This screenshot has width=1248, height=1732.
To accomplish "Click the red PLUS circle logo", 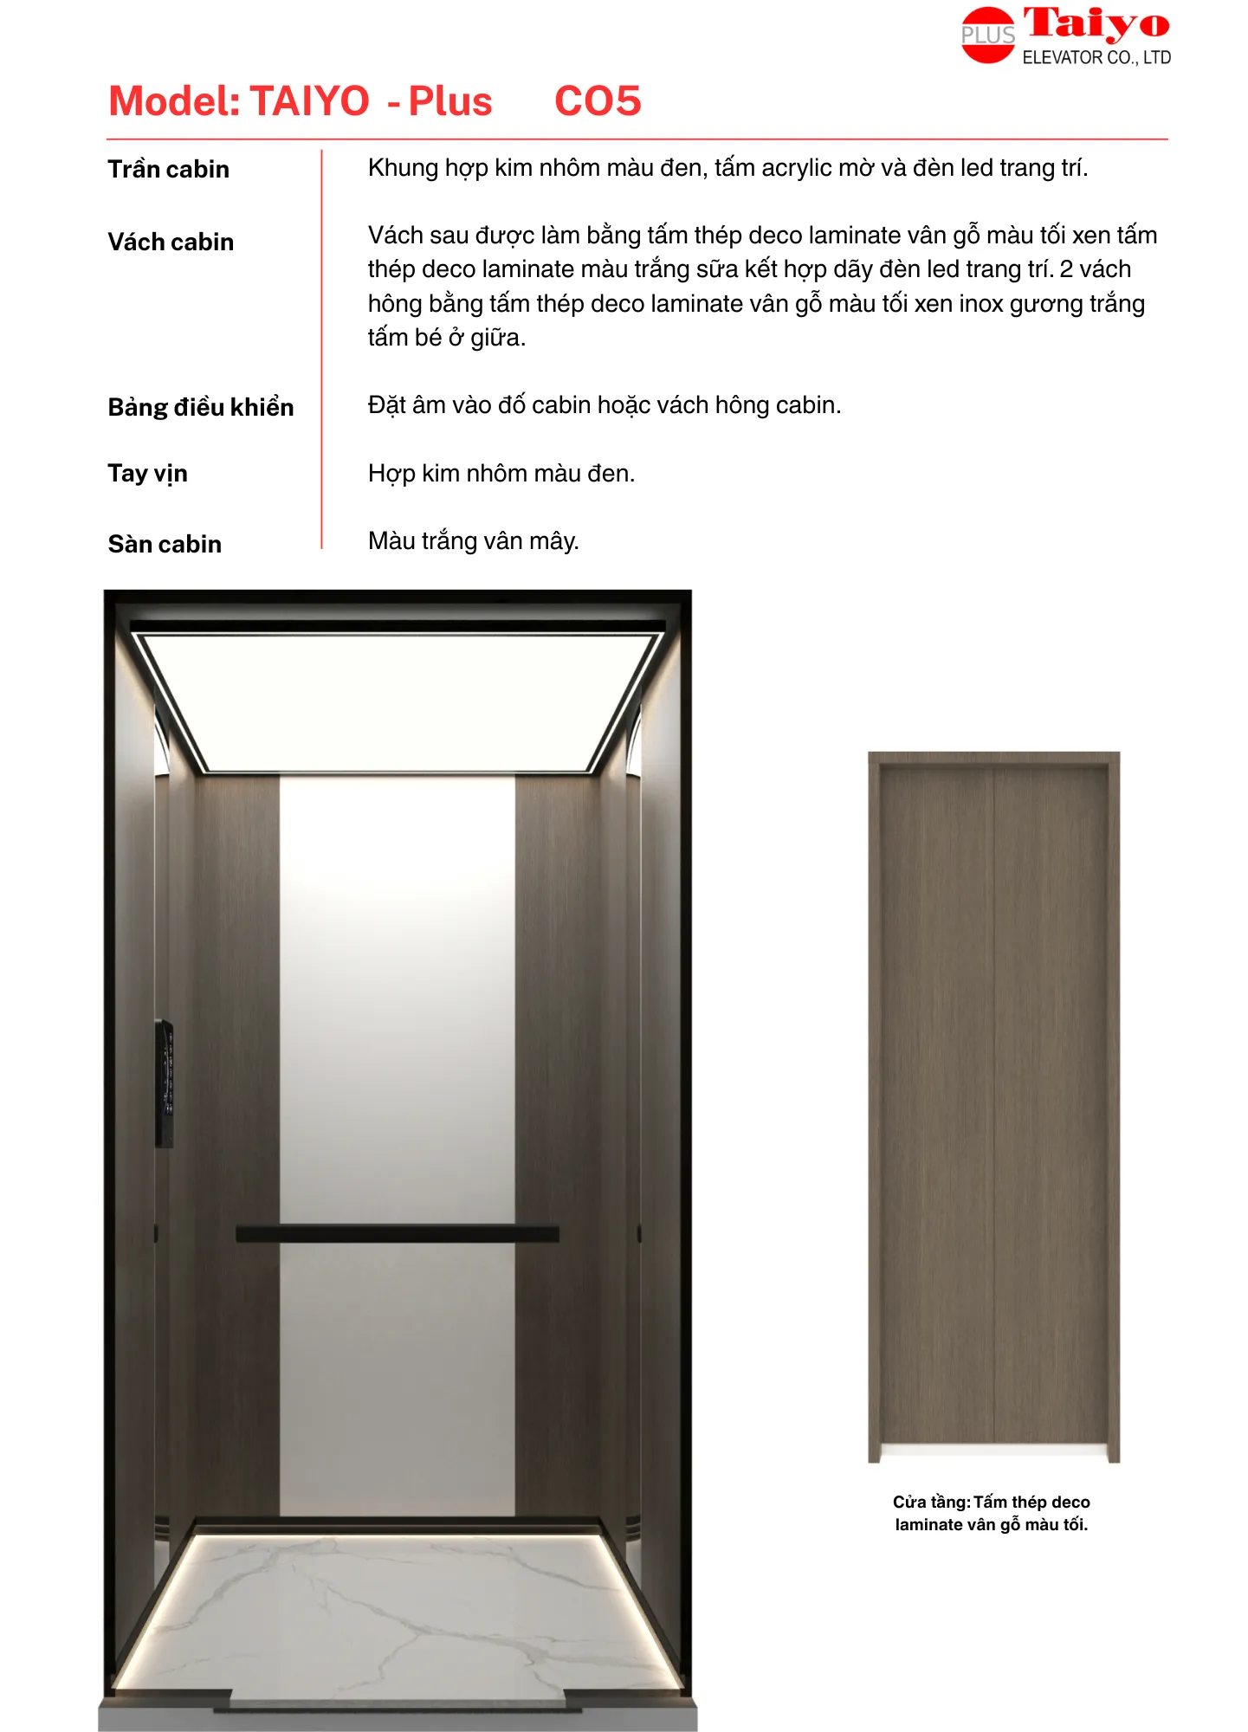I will click(x=987, y=36).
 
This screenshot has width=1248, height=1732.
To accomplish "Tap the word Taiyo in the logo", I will click(x=1096, y=24).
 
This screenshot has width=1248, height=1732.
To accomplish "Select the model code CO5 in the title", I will click(x=598, y=101).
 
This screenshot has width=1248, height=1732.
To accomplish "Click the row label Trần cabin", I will click(x=169, y=169).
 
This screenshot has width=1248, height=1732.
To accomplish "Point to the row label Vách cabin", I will click(x=171, y=242).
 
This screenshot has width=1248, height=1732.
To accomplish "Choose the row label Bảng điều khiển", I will click(x=201, y=407).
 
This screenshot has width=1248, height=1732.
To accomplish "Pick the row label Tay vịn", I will click(x=147, y=474).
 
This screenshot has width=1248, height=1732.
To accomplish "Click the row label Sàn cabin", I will click(x=165, y=544).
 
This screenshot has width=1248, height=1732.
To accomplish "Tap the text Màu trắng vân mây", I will click(x=473, y=541).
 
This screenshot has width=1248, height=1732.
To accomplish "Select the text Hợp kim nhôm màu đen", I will click(x=501, y=474).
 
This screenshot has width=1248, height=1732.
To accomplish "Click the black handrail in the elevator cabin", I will click(x=398, y=1234).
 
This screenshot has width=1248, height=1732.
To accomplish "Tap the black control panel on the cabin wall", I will click(x=165, y=1083).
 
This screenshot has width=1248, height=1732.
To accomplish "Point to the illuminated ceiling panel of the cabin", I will click(x=398, y=701).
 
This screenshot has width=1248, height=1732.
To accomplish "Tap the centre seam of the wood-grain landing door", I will click(x=994, y=1108).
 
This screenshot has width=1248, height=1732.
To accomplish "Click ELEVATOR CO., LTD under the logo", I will click(x=1096, y=58).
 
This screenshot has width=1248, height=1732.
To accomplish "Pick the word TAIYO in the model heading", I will click(x=309, y=101).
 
